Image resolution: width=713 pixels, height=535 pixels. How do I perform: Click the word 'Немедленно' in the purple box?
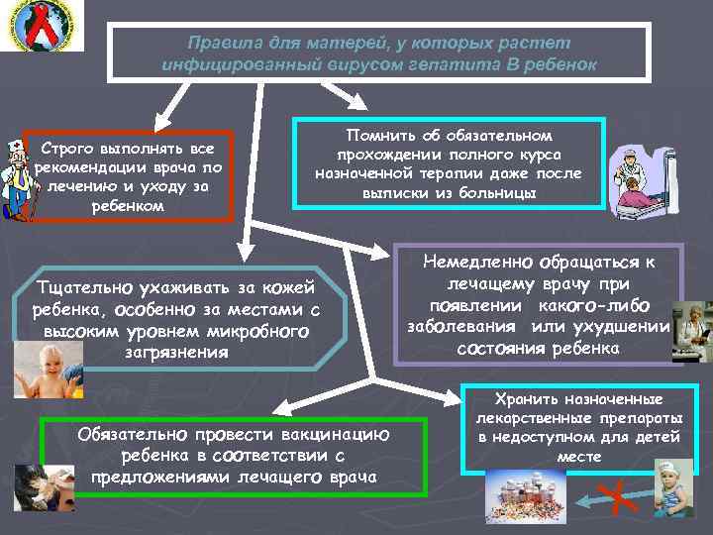475,264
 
